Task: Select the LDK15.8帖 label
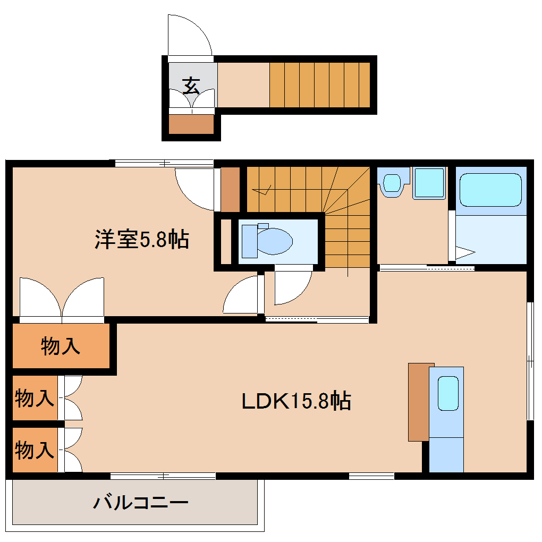click(296, 401)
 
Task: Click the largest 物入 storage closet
click(61, 346)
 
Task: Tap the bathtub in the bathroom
click(490, 190)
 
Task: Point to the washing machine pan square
click(428, 183)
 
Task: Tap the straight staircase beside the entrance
click(319, 85)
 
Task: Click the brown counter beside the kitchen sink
click(418, 402)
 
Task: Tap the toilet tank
click(249, 241)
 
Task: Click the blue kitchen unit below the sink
click(446, 454)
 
